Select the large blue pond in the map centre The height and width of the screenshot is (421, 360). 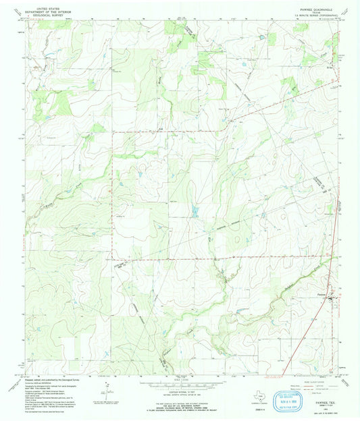[194, 213]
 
